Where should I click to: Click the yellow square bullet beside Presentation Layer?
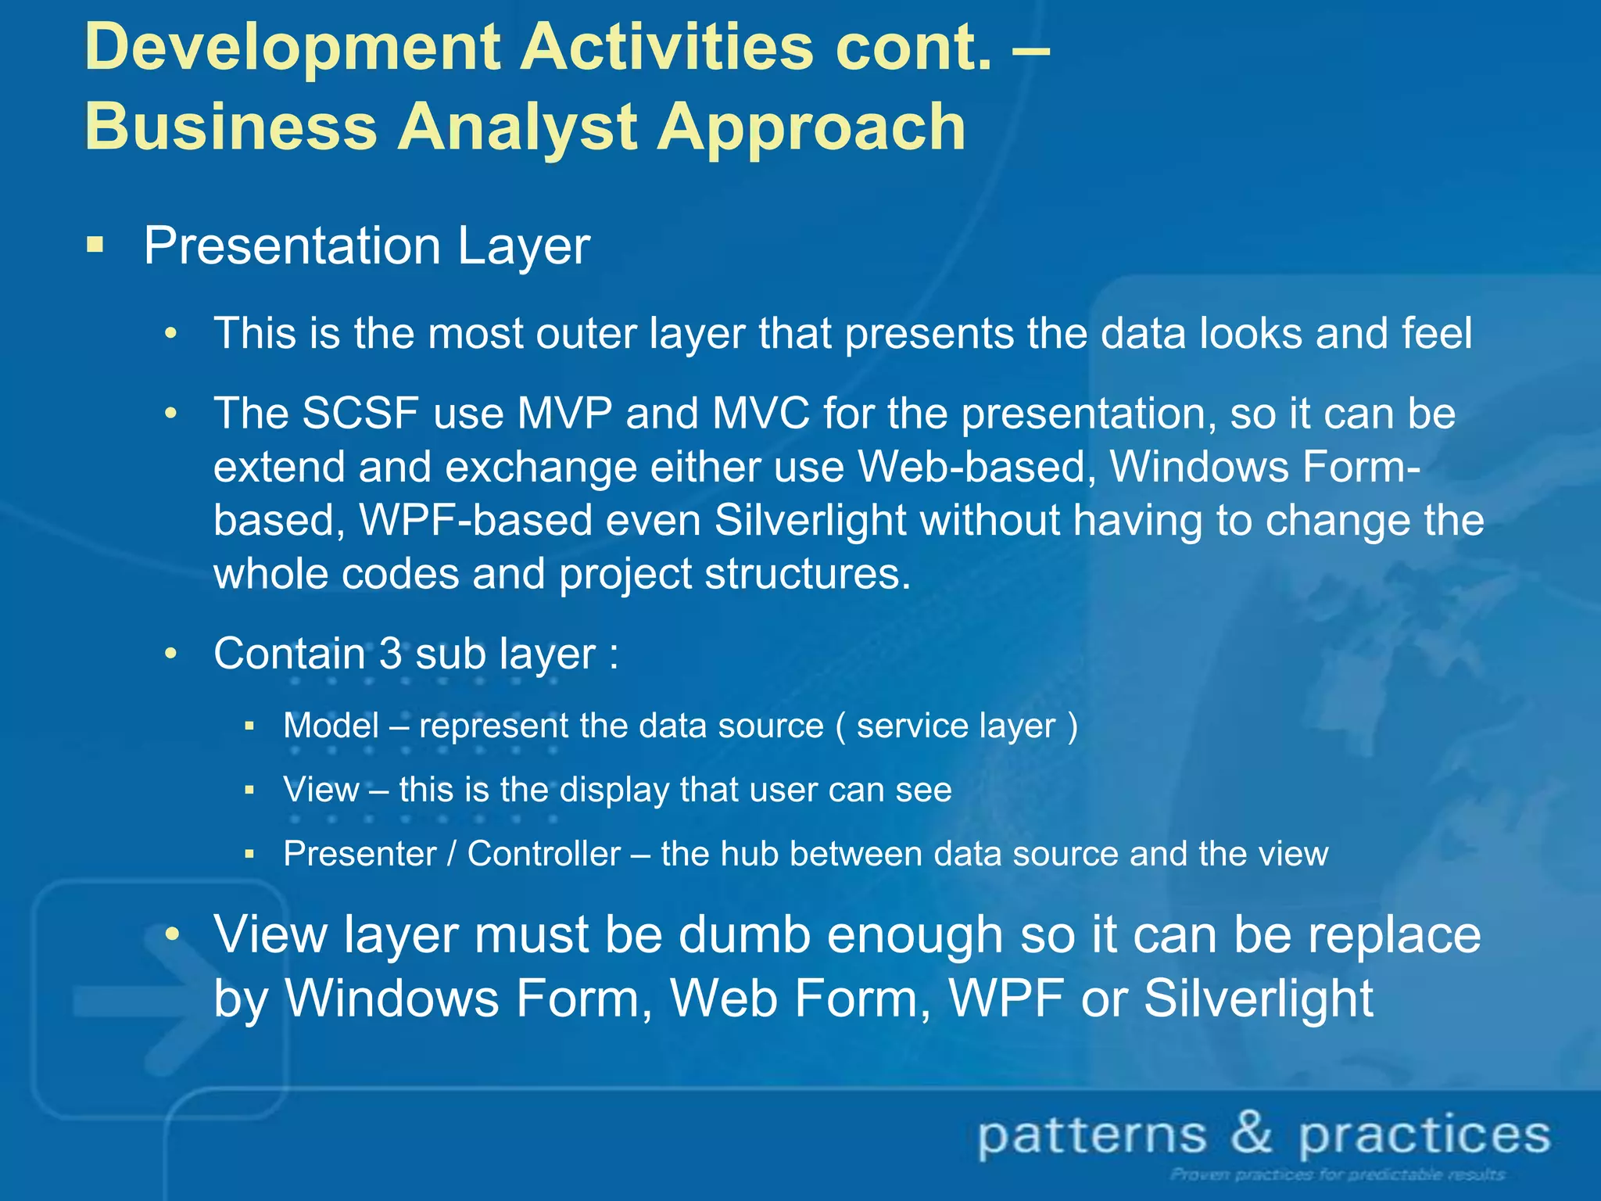pos(95,246)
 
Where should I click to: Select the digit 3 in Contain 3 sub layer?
pos(390,654)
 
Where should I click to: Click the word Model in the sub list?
pos(331,726)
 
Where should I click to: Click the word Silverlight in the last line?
pos(1258,998)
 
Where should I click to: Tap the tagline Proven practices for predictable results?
pos(1338,1174)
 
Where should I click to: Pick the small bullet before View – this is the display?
pos(249,791)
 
